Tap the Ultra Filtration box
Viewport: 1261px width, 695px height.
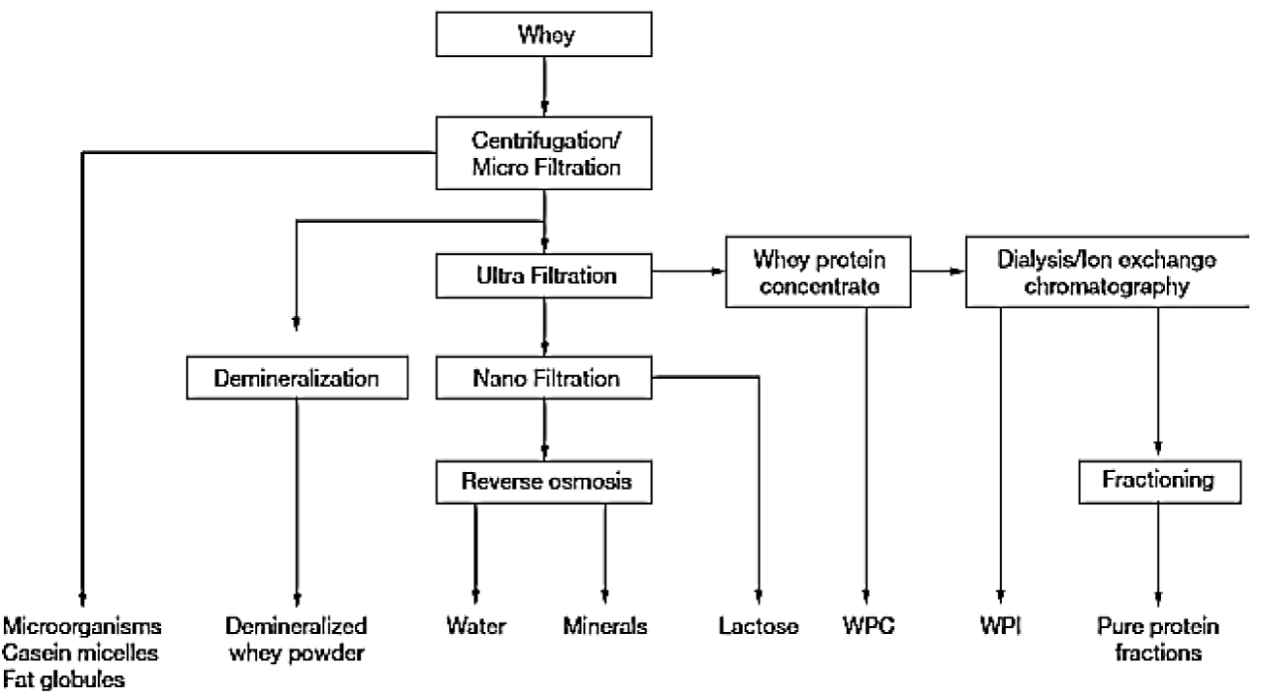(546, 276)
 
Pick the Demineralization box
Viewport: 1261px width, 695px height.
(297, 378)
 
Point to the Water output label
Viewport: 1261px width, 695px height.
(475, 626)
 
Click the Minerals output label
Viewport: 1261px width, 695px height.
(605, 626)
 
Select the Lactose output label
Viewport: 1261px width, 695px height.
(759, 626)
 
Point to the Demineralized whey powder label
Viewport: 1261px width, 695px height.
(297, 639)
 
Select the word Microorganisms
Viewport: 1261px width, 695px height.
(81, 625)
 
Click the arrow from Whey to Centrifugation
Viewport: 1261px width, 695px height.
(546, 90)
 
